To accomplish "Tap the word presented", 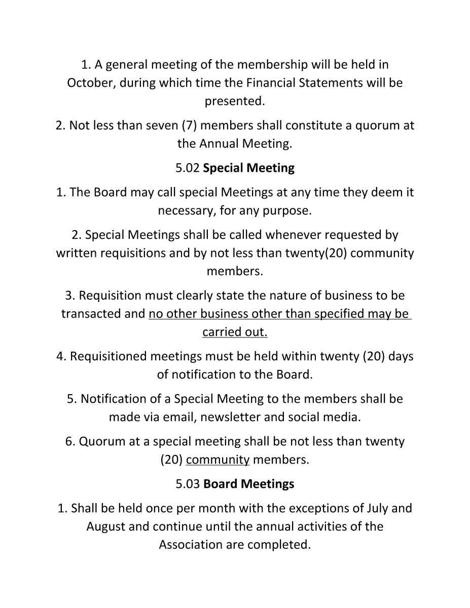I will pyautogui.click(x=235, y=101).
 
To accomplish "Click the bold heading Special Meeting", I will pyautogui.click(x=248, y=168).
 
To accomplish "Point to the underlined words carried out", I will pyautogui.click(x=235, y=332).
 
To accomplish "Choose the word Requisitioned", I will pyautogui.click(x=108, y=357).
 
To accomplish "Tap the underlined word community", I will pyautogui.click(x=218, y=460).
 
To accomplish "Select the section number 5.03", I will pyautogui.click(x=188, y=484).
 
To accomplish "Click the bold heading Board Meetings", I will pyautogui.click(x=248, y=484).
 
